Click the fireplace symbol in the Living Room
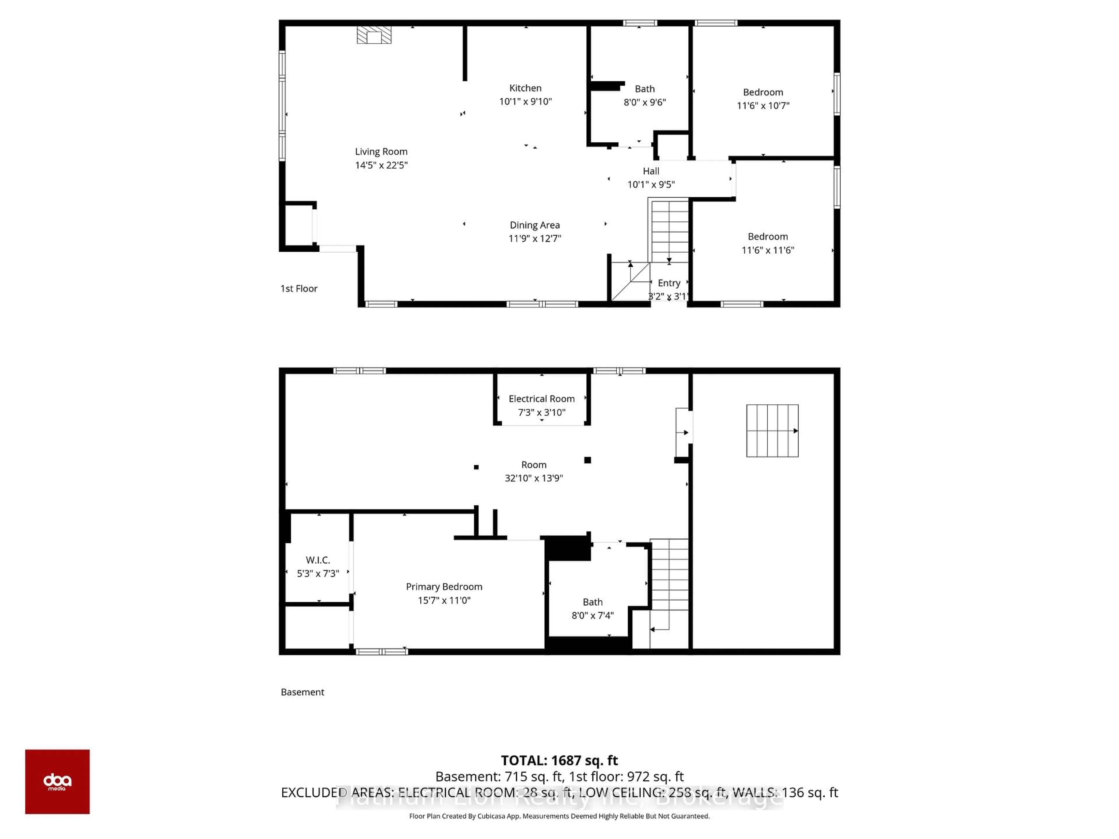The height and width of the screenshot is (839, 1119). (x=374, y=36)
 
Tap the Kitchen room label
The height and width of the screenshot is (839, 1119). (x=525, y=88)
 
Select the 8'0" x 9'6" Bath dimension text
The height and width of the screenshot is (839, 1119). (x=645, y=102)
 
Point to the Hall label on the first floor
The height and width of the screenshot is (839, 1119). (x=650, y=171)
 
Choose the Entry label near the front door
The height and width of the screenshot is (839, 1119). (x=669, y=283)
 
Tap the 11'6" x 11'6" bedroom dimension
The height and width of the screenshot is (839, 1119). (x=767, y=250)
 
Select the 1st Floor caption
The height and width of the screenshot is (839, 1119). (x=298, y=289)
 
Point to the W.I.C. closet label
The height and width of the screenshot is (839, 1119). (x=318, y=560)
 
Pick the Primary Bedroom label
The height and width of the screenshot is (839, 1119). (x=444, y=587)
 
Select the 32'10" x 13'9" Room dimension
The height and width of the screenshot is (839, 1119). (x=534, y=478)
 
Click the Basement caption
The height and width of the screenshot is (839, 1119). (x=302, y=692)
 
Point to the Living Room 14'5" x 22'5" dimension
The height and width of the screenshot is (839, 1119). (x=381, y=165)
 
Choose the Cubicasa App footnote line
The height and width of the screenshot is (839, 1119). (x=559, y=816)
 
